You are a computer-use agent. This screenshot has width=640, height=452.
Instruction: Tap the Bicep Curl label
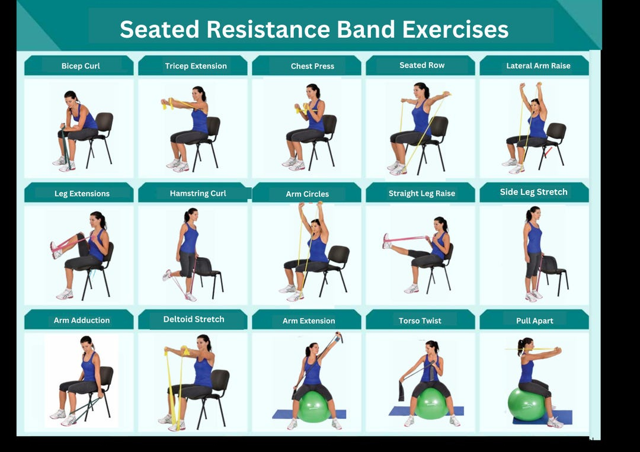[81, 66]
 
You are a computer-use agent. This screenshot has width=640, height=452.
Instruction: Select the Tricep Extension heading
[196, 66]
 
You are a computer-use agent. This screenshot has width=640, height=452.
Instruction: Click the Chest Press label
[312, 66]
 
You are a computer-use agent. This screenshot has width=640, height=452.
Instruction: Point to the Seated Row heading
[422, 65]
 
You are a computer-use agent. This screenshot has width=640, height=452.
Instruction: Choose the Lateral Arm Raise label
[538, 66]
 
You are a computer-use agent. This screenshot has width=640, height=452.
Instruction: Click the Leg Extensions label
[82, 193]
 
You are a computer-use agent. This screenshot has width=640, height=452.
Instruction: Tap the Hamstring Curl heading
[198, 193]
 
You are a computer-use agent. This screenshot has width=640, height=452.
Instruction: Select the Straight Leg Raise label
[422, 193]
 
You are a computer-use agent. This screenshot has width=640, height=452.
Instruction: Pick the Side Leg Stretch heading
[533, 192]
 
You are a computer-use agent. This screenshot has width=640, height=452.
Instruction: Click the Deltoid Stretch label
[194, 319]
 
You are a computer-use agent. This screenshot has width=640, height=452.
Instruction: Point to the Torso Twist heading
[420, 320]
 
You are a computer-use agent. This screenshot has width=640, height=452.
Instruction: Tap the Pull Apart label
[535, 320]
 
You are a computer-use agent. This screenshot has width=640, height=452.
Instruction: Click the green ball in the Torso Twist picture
[431, 404]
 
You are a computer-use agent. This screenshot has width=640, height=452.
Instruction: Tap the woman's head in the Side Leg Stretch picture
[533, 214]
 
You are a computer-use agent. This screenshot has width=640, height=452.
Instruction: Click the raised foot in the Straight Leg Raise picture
[387, 241]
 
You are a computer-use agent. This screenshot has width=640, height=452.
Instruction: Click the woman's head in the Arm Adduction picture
[87, 343]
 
